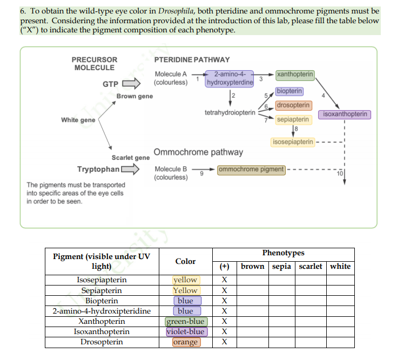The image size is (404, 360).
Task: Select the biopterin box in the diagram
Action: tap(289, 91)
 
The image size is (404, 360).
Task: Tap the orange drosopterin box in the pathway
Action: tap(293, 105)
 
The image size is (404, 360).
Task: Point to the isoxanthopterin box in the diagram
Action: tap(345, 114)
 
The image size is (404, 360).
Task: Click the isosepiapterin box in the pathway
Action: tap(293, 142)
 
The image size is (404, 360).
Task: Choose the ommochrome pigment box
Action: tap(251, 169)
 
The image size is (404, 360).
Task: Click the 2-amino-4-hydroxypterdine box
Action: tap(230, 78)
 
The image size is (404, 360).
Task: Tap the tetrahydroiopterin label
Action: tap(230, 113)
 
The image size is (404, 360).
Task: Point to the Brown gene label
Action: tap(134, 96)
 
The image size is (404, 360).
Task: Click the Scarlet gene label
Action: tap(130, 158)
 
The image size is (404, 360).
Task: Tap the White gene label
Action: tap(78, 120)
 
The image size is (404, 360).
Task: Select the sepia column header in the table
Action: tap(281, 266)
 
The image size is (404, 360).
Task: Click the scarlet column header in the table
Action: tap(310, 266)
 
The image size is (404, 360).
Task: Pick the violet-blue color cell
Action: tap(185, 332)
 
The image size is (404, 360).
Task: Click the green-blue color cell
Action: tap(186, 322)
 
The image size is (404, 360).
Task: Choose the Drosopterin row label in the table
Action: tap(102, 342)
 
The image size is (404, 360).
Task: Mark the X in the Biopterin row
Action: tap(224, 301)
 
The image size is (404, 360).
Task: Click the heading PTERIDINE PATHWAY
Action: tap(192, 59)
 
